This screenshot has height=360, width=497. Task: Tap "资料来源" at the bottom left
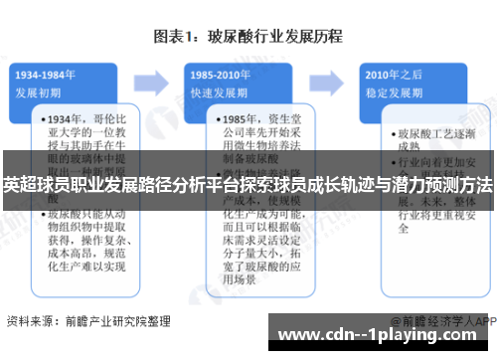pyautogui.click(x=30, y=322)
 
